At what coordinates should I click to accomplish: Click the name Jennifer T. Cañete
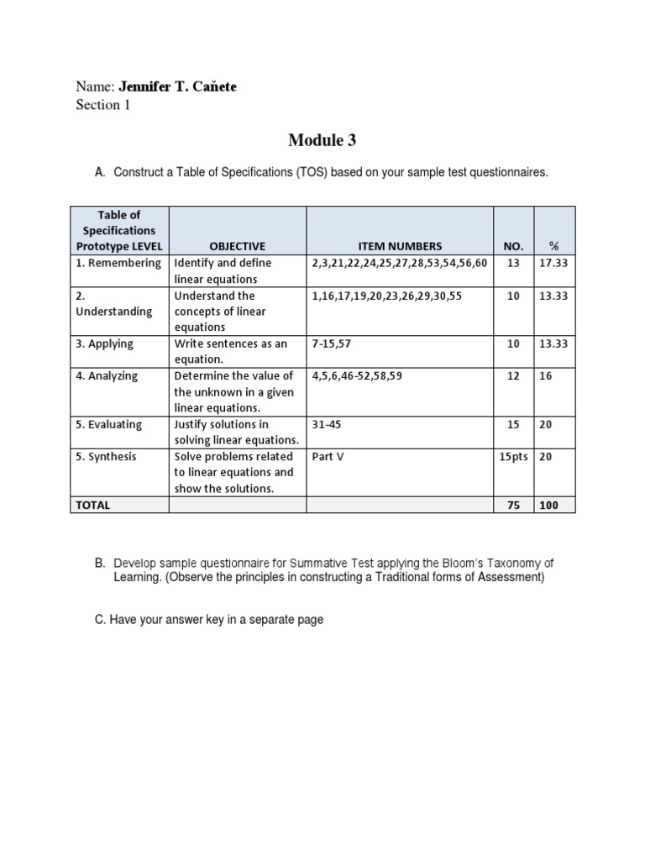pos(178,87)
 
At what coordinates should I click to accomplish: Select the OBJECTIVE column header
pos(237,246)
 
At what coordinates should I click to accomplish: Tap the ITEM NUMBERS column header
pos(400,246)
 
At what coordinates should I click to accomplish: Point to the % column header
pos(553,246)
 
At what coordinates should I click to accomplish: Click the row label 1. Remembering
pos(118,263)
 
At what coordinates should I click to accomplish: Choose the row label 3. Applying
pos(105,343)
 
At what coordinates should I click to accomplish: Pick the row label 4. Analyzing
pos(109,375)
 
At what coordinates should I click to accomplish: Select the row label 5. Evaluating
pos(111,424)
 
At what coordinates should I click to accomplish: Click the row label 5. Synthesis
pos(107,456)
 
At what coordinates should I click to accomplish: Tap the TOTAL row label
pos(93,505)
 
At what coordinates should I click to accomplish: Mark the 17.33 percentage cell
pos(553,263)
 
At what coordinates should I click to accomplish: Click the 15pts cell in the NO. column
pos(514,456)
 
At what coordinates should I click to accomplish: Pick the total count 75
pos(513,505)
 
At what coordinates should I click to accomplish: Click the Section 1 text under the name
pos(102,105)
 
